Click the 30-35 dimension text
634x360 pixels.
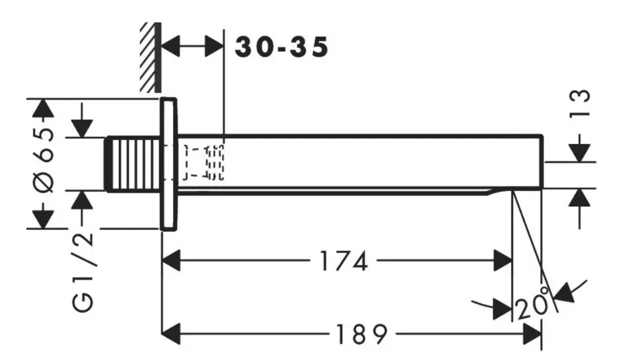(281, 48)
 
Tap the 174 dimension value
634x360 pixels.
(343, 261)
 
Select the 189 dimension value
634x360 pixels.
(361, 334)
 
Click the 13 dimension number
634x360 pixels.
(580, 104)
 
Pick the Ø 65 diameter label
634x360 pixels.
(44, 160)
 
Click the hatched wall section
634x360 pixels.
(151, 57)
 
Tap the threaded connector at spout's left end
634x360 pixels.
(134, 164)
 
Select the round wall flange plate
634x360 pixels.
(168, 164)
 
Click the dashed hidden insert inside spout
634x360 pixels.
(203, 162)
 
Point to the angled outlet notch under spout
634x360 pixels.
(500, 191)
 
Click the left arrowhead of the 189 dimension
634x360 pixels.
(171, 334)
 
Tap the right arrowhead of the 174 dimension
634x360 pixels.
(503, 261)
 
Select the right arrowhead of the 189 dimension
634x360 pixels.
(532, 334)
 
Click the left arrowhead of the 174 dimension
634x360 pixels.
(171, 261)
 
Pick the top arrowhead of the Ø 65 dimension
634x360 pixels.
(43, 108)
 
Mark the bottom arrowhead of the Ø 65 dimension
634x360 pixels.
(43, 219)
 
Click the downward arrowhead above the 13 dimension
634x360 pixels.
(580, 153)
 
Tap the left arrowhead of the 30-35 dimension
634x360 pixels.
(170, 46)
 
